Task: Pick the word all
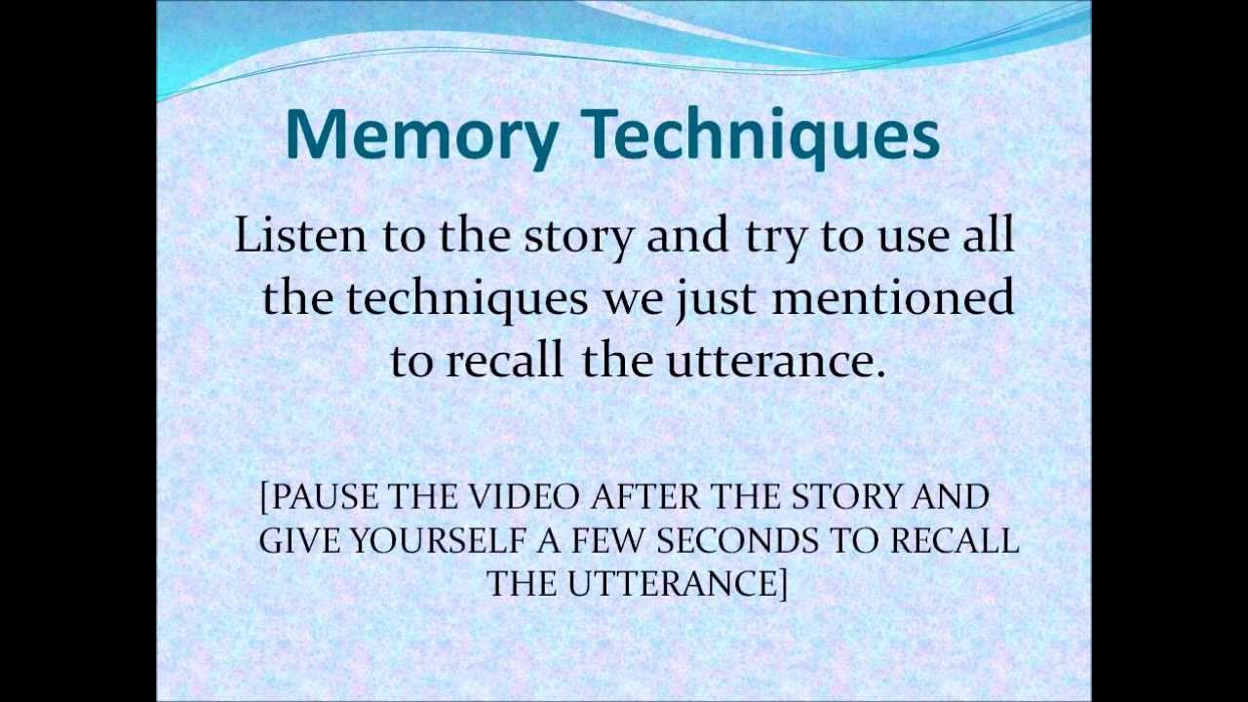989,235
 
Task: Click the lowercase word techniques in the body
467,298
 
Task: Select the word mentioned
892,297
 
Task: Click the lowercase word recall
504,360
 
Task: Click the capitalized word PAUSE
325,497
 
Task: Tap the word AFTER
646,497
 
